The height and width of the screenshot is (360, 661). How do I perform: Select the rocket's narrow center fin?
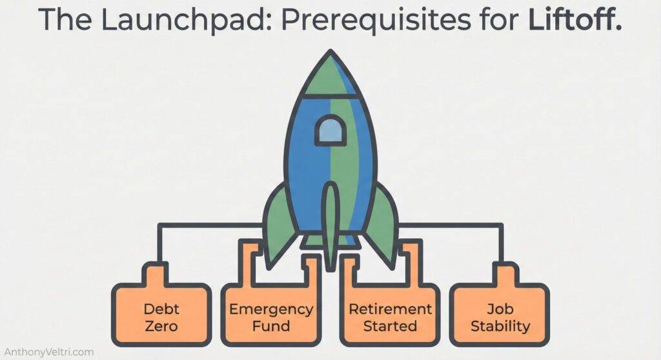pyautogui.click(x=330, y=223)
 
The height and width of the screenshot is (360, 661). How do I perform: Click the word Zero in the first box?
pyautogui.click(x=161, y=325)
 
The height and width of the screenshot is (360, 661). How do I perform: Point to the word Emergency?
pyautogui.click(x=271, y=308)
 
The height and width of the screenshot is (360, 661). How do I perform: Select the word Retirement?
pyautogui.click(x=390, y=308)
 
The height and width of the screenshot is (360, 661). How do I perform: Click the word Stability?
pyautogui.click(x=500, y=325)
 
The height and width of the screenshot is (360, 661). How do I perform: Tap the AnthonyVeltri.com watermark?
pyautogui.click(x=49, y=352)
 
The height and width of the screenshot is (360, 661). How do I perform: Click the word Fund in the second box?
pyautogui.click(x=271, y=325)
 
